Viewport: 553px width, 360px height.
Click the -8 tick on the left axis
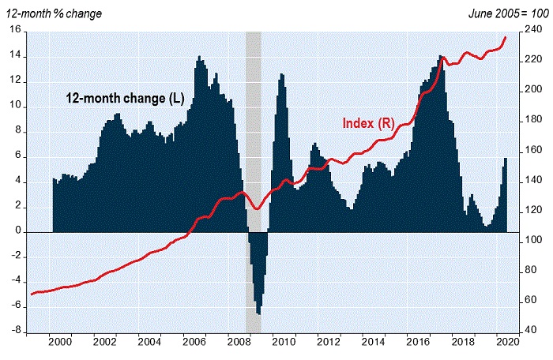click(x=17, y=332)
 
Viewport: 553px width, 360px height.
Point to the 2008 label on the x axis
click(x=239, y=343)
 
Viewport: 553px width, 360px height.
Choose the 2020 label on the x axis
click(x=507, y=343)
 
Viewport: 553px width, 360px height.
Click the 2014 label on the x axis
click(x=373, y=343)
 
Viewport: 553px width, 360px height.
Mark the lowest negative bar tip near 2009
click(x=258, y=314)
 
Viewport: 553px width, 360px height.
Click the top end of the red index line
click(x=506, y=37)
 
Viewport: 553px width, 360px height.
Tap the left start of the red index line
click(x=31, y=294)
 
